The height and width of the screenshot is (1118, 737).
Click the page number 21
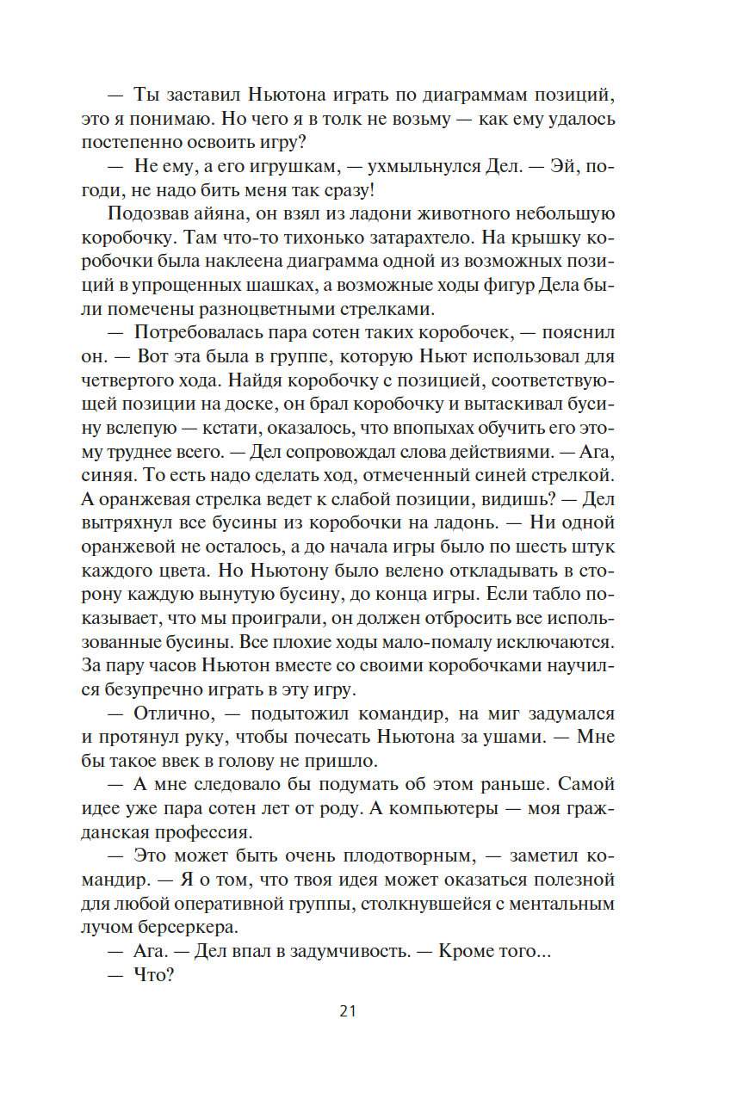pyautogui.click(x=348, y=1011)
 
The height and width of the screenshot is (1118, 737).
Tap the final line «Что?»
pyautogui.click(x=154, y=976)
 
